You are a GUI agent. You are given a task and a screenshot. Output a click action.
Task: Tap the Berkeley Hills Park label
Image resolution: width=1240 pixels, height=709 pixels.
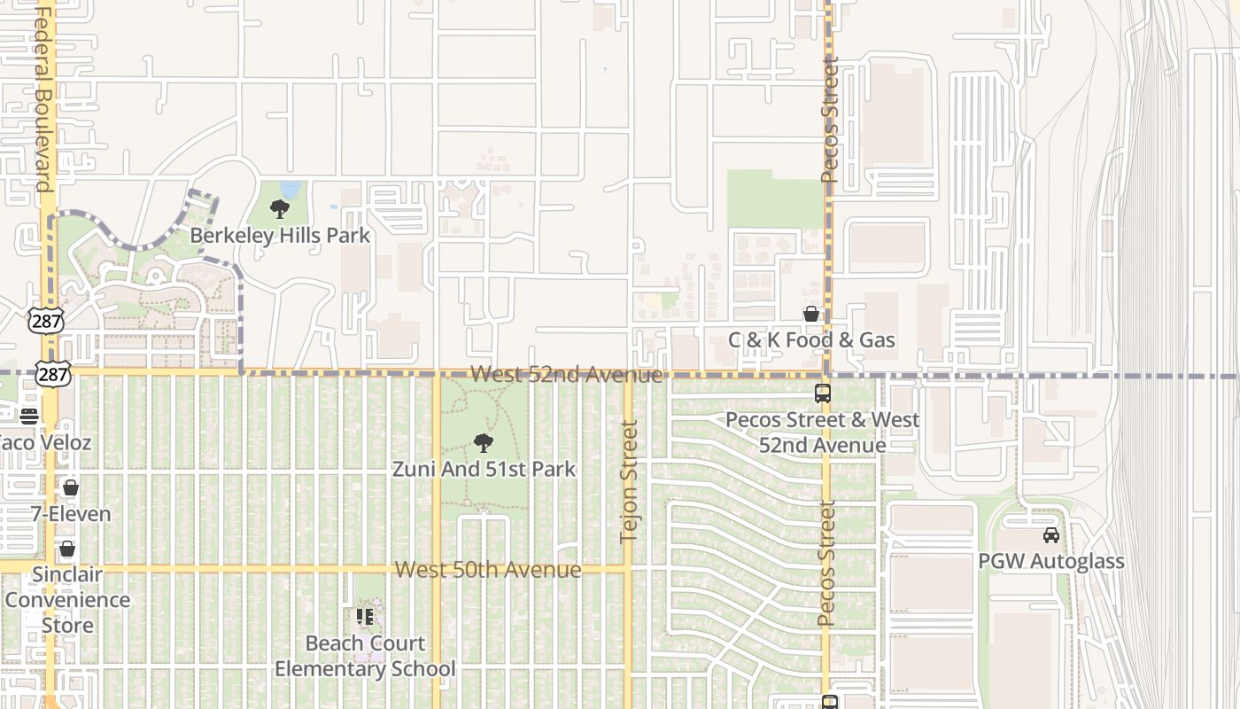[x=280, y=236]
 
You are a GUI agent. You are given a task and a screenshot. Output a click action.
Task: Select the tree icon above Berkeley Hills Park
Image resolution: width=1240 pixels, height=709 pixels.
[x=280, y=209]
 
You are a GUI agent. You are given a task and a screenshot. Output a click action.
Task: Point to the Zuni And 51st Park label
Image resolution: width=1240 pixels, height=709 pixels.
[x=484, y=469]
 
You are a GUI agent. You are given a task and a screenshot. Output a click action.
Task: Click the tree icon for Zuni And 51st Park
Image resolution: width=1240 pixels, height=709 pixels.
[x=484, y=442]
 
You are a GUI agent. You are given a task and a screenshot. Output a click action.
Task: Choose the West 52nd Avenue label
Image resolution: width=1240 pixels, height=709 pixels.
[x=566, y=374]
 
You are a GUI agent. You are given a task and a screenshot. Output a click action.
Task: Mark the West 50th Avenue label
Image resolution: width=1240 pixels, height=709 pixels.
[x=488, y=570]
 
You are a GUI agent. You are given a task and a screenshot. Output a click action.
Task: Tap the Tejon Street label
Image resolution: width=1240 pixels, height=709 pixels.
[x=630, y=481]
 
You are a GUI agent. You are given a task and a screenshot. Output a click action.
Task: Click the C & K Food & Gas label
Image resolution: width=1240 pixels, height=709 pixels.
[x=811, y=340]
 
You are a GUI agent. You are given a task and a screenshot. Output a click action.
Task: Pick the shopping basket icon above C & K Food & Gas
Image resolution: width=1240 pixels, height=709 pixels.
[x=810, y=314]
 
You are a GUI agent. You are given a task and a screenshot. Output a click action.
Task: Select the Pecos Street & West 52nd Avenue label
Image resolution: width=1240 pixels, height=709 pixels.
[x=823, y=432]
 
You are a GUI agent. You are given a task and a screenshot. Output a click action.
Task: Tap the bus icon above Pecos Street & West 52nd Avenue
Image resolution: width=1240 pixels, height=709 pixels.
[x=823, y=393]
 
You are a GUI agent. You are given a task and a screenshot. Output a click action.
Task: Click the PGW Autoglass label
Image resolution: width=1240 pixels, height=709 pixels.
[x=1051, y=561]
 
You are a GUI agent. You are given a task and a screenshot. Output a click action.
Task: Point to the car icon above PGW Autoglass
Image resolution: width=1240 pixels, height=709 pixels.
[x=1051, y=535]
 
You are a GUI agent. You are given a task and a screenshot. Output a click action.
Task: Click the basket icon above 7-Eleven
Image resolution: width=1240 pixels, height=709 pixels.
[x=71, y=487]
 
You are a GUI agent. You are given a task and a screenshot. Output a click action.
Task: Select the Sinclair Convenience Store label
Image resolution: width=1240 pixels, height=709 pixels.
[x=67, y=600]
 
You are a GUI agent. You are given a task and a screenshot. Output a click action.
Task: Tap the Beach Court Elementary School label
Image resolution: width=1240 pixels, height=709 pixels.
[x=365, y=656]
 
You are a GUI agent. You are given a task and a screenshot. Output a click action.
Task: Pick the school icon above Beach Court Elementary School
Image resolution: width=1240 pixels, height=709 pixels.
[x=364, y=616]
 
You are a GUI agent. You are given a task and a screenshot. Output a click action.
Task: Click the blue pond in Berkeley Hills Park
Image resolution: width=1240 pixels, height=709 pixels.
[x=291, y=190]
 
